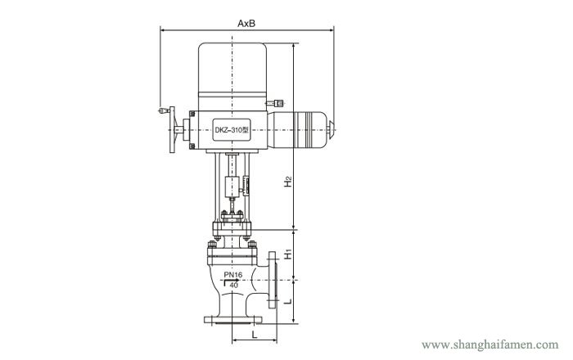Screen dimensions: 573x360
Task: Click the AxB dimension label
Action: pos(246,24)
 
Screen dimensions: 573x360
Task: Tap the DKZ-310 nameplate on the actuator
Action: pos(232,129)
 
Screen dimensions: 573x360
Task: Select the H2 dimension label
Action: pos(288,182)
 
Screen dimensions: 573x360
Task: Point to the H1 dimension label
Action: pos(288,254)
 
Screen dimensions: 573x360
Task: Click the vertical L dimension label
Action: pos(288,301)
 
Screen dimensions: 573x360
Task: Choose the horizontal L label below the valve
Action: pos(255,334)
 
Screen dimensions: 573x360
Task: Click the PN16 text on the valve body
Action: pos(233,275)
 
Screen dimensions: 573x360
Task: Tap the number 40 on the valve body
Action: pos(234,285)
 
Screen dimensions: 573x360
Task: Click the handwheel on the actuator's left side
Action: pos(172,129)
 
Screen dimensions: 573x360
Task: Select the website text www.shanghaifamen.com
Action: pos(490,344)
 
